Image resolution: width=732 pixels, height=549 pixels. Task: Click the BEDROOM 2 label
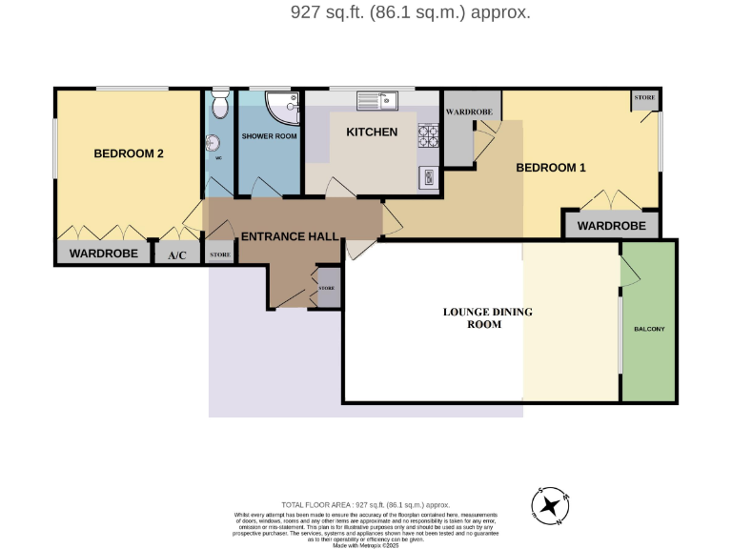coord(129,152)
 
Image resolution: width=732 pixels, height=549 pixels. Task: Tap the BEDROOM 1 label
coord(550,168)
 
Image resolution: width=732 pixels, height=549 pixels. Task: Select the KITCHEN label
coord(372,132)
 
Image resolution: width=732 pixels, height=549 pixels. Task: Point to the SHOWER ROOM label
coord(269,136)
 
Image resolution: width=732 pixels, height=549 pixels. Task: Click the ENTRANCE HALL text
coord(290,236)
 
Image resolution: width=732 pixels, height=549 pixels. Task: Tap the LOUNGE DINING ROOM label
coord(487,317)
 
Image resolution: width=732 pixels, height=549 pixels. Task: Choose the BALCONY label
coord(649,330)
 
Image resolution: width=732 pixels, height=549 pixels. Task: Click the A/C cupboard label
coord(177,255)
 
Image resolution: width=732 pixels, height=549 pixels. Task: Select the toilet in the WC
coord(220,103)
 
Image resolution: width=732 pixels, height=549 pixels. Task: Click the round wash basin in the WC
coord(213,145)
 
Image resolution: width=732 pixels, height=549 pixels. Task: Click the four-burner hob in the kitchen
coord(426,135)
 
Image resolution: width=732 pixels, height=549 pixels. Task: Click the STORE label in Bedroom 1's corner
coord(644,97)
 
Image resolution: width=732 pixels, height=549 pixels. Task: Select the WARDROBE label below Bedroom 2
coord(105,254)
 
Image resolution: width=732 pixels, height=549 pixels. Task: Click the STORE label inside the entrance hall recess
coord(326,287)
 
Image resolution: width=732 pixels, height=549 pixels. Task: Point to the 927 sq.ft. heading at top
coord(410,12)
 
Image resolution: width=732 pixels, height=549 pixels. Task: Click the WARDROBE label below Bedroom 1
coord(612,227)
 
